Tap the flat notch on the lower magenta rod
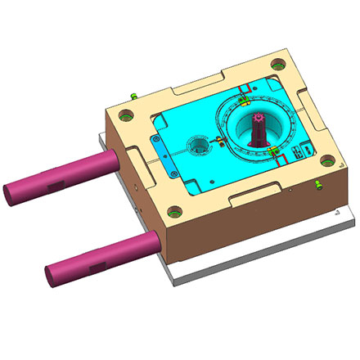coord(97,265)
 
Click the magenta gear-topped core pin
coord(259,131)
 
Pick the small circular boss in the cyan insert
coord(200,148)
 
